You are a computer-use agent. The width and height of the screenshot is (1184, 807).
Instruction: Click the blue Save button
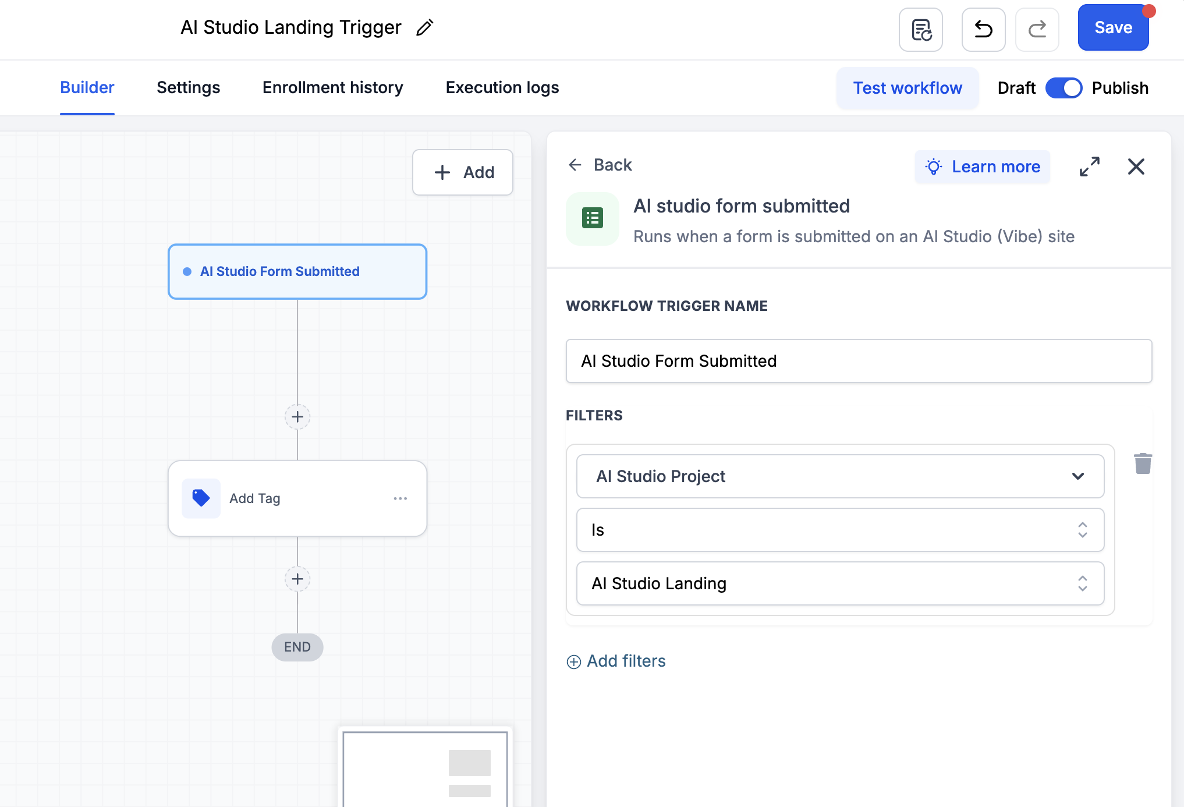(x=1113, y=28)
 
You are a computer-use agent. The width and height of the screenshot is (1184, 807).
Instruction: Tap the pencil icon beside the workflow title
(x=425, y=27)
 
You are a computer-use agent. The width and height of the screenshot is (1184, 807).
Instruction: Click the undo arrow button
(x=983, y=29)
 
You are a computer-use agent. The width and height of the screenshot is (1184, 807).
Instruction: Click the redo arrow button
(x=1037, y=29)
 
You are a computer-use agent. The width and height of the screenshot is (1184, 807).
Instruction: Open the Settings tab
(x=188, y=87)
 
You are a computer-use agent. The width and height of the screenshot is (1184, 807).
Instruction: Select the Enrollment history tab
(x=333, y=87)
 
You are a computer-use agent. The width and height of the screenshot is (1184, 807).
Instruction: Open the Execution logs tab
(x=502, y=87)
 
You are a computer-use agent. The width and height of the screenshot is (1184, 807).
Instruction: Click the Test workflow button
(x=908, y=88)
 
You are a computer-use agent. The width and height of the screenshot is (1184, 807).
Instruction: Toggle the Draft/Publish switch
(x=1064, y=88)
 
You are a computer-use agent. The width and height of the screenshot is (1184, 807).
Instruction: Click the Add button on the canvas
(x=463, y=172)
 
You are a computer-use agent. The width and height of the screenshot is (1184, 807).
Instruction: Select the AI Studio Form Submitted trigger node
(x=297, y=271)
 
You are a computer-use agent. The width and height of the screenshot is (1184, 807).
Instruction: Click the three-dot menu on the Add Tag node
(x=400, y=498)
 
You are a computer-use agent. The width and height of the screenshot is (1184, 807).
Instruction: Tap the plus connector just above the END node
(x=297, y=579)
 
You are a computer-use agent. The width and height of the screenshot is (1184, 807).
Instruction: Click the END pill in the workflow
(x=297, y=647)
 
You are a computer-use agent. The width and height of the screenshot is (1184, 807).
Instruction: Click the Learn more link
(x=983, y=167)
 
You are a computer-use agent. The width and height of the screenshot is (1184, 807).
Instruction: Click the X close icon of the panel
(x=1136, y=167)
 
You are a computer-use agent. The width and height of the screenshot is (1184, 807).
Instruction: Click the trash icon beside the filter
(x=1143, y=463)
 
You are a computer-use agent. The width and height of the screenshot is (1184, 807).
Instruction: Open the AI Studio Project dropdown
(x=840, y=476)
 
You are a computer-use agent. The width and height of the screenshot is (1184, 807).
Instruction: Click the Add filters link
(x=616, y=661)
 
